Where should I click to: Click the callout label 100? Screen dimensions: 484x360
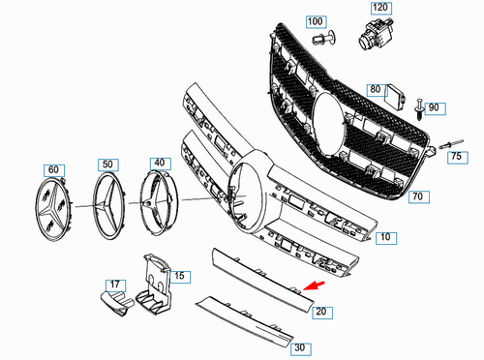pos(316,20)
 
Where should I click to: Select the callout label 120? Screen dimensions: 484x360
pos(380,7)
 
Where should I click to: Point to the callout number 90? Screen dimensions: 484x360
pos(433,106)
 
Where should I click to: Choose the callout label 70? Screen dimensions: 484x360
pos(418,196)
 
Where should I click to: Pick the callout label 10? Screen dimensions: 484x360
pos(384,236)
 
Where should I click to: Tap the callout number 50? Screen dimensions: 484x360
pos(107,165)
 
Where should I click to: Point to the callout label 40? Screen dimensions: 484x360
pos(158,164)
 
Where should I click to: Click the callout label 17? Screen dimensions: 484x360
pos(115,285)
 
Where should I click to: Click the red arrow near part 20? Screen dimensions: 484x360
pos(312,286)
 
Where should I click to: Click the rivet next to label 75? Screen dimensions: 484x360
pos(450,144)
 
